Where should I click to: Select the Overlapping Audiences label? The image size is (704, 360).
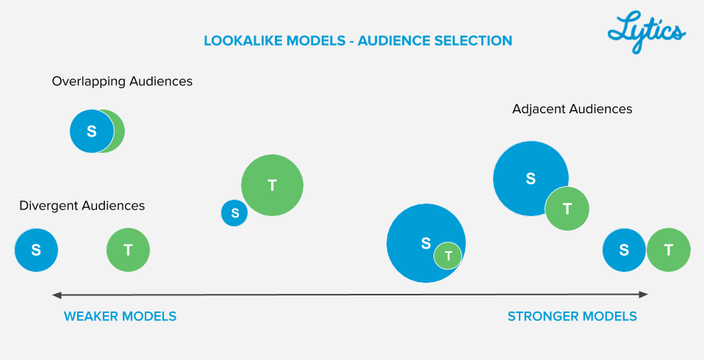tap(122, 82)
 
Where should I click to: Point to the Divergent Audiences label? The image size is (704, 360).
tap(82, 206)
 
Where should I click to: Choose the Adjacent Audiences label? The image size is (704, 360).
tap(572, 109)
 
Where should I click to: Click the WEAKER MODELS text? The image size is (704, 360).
tap(120, 317)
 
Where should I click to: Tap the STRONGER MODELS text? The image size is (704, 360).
tap(572, 317)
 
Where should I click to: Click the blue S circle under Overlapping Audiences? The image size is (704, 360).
tap(91, 132)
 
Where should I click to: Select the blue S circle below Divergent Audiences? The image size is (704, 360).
tap(36, 250)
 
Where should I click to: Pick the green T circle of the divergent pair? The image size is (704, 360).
tap(128, 250)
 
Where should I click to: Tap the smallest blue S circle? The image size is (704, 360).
tap(234, 213)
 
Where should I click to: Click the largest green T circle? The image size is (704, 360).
tap(272, 185)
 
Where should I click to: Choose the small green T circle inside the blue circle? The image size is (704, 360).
tap(448, 256)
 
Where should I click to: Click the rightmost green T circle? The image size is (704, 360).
tap(668, 250)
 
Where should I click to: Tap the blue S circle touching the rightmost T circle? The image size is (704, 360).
tap(624, 250)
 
